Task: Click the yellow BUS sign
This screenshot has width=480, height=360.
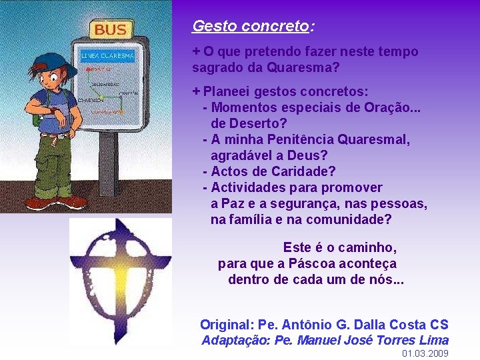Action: click(111, 29)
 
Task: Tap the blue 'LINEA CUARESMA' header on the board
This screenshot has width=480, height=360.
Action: click(107, 55)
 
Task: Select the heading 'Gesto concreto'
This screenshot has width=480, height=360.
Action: click(251, 27)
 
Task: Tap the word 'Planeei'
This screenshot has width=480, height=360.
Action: click(227, 91)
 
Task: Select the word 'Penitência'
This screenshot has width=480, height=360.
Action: click(303, 139)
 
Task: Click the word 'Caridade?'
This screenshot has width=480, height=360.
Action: click(305, 171)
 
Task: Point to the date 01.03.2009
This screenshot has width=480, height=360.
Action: click(425, 353)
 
